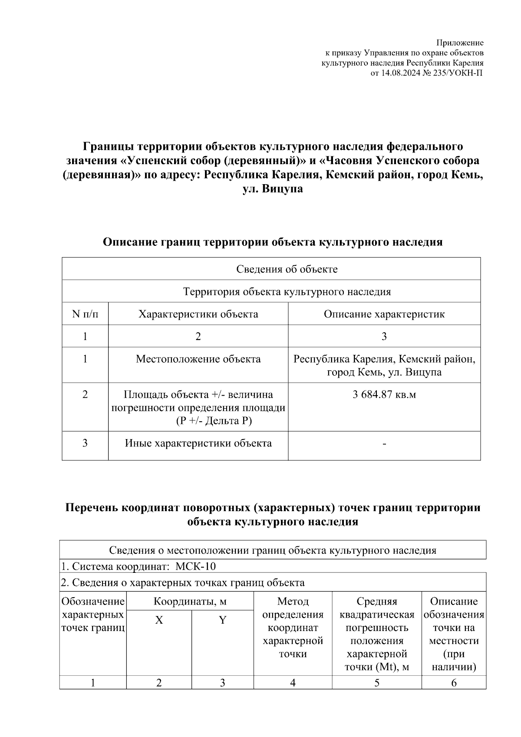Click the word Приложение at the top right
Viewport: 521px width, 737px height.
[460, 43]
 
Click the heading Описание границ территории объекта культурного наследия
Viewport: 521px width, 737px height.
[272, 242]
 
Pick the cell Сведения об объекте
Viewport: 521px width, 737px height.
[287, 269]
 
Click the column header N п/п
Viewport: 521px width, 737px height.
[85, 314]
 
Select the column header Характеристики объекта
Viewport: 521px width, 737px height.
[198, 314]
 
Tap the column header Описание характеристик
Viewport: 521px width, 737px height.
[384, 314]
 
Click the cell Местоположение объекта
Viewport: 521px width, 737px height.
[198, 359]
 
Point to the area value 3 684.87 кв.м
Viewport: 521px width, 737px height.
[384, 395]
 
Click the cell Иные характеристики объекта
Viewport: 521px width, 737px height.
[198, 443]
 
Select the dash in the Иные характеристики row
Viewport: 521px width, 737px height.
[384, 443]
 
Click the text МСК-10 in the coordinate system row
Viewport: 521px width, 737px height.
[195, 566]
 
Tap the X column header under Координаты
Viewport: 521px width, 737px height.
[159, 620]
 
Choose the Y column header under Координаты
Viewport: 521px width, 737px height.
[222, 620]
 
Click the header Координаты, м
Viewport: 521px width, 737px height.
[190, 601]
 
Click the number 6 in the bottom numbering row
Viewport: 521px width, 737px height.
[454, 683]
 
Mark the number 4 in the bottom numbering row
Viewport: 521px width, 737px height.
[293, 683]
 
